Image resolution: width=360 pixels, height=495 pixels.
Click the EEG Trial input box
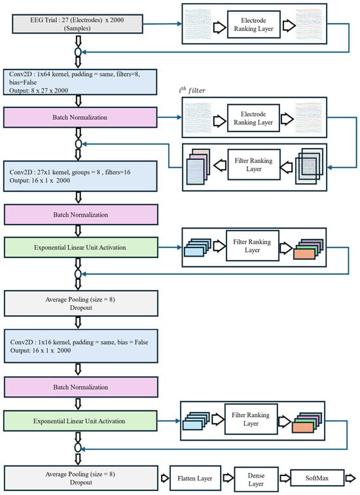pyautogui.click(x=77, y=24)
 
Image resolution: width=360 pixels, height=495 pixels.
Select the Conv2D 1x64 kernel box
pyautogui.click(x=80, y=82)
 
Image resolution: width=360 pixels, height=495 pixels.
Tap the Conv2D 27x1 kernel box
pyautogui.click(x=80, y=176)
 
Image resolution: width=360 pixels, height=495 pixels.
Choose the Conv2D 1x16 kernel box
pyautogui.click(x=81, y=346)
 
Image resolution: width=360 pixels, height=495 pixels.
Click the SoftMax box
pyautogui.click(x=317, y=478)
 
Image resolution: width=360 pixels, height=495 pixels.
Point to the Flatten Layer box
pyautogui.click(x=195, y=478)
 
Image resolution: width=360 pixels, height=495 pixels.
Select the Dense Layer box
pyautogui.click(x=256, y=479)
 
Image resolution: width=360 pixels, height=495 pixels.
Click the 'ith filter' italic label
pyautogui.click(x=192, y=90)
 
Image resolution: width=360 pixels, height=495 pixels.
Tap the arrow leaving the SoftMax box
pyautogui.click(x=351, y=478)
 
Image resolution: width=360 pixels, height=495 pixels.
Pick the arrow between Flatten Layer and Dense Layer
pyautogui.click(x=228, y=478)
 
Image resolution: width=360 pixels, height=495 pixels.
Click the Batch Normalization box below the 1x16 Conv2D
pyautogui.click(x=81, y=387)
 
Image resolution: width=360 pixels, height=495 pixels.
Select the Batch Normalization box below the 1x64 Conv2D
pyautogui.click(x=80, y=117)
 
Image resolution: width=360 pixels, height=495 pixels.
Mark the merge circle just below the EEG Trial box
pyautogui.click(x=78, y=52)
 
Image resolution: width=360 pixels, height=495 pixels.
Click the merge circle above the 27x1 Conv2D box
pyautogui.click(x=79, y=144)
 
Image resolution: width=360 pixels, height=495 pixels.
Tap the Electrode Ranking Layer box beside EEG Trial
pyautogui.click(x=254, y=25)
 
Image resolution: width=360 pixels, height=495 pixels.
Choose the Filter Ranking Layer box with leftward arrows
pyautogui.click(x=254, y=165)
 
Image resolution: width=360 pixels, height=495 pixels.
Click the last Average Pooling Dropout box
pyautogui.click(x=81, y=478)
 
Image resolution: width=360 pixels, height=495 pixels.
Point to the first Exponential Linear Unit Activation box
pyautogui.click(x=81, y=247)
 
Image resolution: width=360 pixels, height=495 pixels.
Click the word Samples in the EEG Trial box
pyautogui.click(x=77, y=28)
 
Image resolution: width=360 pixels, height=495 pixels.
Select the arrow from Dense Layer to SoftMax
pyautogui.click(x=285, y=478)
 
